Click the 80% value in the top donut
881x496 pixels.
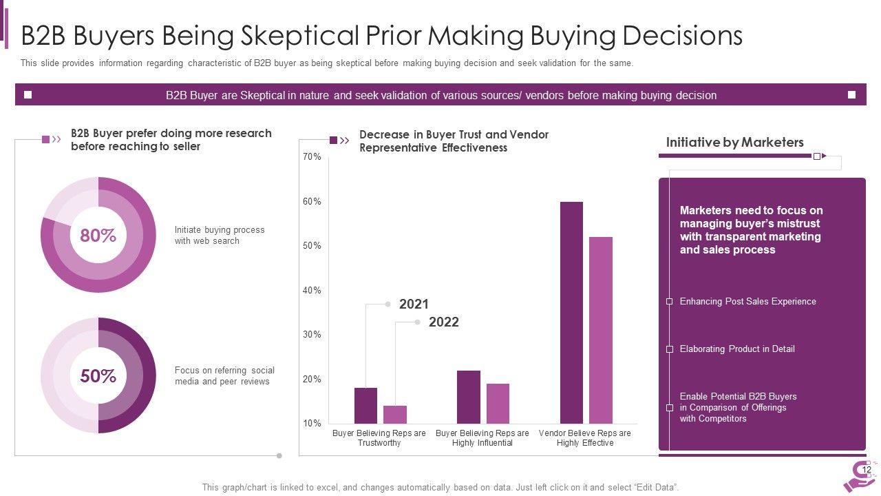pyautogui.click(x=98, y=236)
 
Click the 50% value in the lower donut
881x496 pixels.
pyautogui.click(x=98, y=376)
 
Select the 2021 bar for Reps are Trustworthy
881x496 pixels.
pyautogui.click(x=365, y=406)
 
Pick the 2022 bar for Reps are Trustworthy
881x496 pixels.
pyautogui.click(x=395, y=415)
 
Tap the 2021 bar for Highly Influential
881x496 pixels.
pyautogui.click(x=469, y=397)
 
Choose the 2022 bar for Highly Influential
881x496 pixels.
pyautogui.click(x=498, y=404)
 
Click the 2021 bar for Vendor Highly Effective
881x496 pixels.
pyautogui.click(x=571, y=313)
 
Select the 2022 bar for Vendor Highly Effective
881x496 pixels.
pyautogui.click(x=601, y=330)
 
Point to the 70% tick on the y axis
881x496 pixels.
pyautogui.click(x=312, y=157)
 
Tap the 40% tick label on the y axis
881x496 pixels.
pyautogui.click(x=312, y=291)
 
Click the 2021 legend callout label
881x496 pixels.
pyautogui.click(x=414, y=304)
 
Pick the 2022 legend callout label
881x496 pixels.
pyautogui.click(x=443, y=322)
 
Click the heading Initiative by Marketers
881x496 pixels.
pyautogui.click(x=734, y=143)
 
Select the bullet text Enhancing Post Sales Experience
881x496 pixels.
pyautogui.click(x=747, y=302)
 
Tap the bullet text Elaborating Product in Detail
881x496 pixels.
pyautogui.click(x=736, y=349)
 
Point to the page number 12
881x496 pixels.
pyautogui.click(x=867, y=470)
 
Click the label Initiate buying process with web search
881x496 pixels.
pyautogui.click(x=220, y=236)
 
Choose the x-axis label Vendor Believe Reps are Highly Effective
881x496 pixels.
pyautogui.click(x=585, y=438)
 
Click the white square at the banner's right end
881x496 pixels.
pyautogui.click(x=851, y=95)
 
